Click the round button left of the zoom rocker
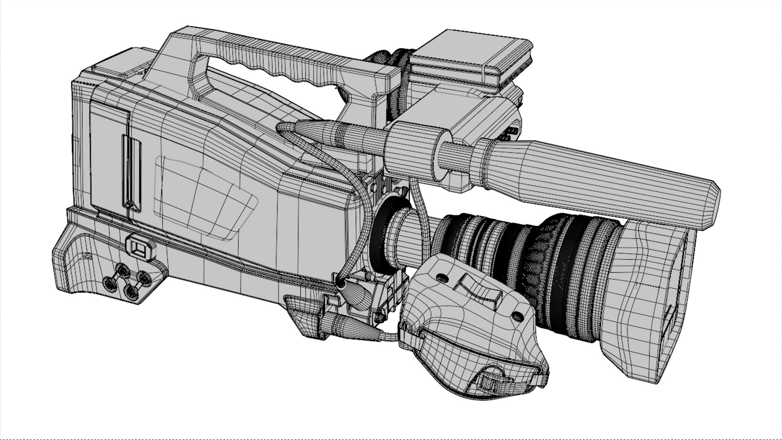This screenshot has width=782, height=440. pyautogui.click(x=442, y=278)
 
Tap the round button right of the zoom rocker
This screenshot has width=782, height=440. pyautogui.click(x=517, y=315)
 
